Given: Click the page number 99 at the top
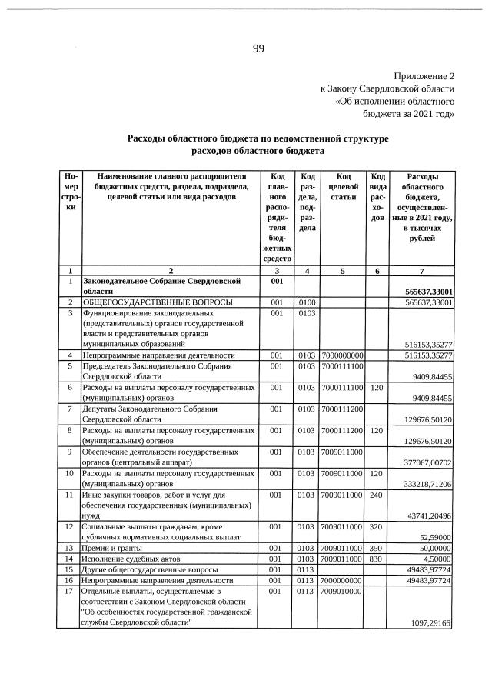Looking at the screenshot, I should [258, 49].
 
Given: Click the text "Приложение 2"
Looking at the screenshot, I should [424, 77].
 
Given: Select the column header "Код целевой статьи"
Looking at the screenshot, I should [344, 187].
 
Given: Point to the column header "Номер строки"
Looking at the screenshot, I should [70, 192].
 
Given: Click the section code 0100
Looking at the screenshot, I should [308, 303].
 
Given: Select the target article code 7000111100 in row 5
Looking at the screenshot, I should [343, 366].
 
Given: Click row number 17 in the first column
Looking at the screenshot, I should [69, 591].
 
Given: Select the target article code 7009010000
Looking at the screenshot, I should [343, 591].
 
